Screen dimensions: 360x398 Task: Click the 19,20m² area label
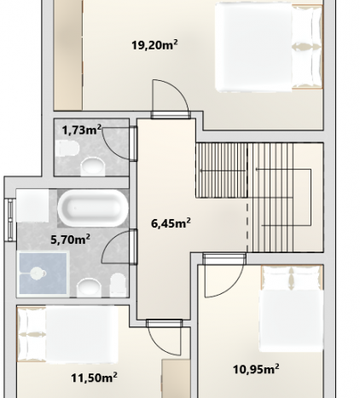point(154,45)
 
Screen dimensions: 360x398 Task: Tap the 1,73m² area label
point(82,130)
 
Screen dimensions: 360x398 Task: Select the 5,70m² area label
point(71,239)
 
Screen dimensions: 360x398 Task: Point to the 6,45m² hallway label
point(171,223)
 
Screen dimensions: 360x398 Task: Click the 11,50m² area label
point(94,378)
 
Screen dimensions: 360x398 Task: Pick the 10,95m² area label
point(256,369)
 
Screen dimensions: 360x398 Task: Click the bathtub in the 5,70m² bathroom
point(93,208)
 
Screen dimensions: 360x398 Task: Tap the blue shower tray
point(43,274)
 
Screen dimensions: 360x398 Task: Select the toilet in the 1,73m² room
point(67,148)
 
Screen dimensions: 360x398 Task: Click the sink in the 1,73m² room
point(93,167)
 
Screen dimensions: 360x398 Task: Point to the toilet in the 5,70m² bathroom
point(118,285)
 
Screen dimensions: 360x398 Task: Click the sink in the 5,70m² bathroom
point(90,287)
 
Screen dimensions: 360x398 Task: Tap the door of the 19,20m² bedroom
point(171,100)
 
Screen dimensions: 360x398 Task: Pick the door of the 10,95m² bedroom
point(224,275)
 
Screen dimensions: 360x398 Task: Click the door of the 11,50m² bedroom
point(165,337)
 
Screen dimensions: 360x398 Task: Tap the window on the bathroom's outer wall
point(10,220)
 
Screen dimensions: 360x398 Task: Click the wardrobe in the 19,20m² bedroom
point(68,55)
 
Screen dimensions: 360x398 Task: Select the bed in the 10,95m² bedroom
point(292,309)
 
